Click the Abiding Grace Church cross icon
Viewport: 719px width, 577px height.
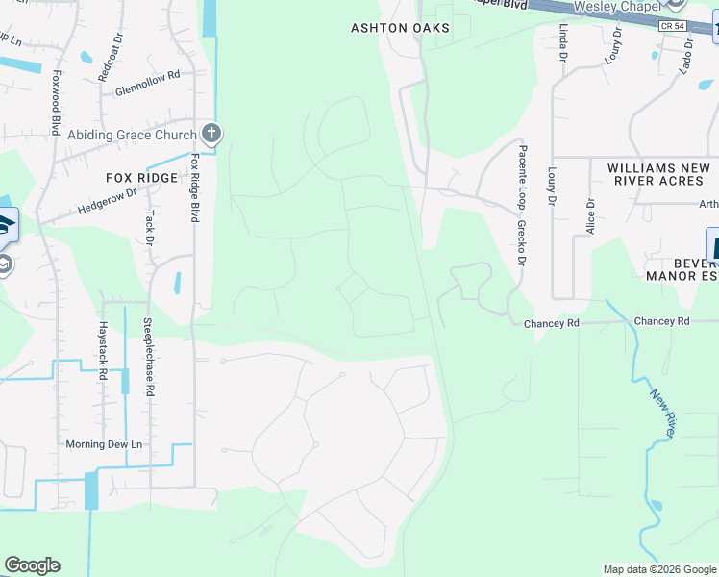[x=211, y=134]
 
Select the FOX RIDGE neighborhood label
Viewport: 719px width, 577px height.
[x=142, y=178]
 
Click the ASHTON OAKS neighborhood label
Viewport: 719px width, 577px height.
[x=400, y=28]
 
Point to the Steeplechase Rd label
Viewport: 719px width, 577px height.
[x=147, y=358]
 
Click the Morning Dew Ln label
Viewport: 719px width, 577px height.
[x=104, y=444]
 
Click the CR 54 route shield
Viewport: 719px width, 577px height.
[x=673, y=26]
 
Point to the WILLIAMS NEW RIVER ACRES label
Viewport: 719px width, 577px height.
[x=658, y=174]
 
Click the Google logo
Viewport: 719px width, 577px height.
[x=32, y=565]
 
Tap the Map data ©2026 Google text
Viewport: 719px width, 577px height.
[x=658, y=569]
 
